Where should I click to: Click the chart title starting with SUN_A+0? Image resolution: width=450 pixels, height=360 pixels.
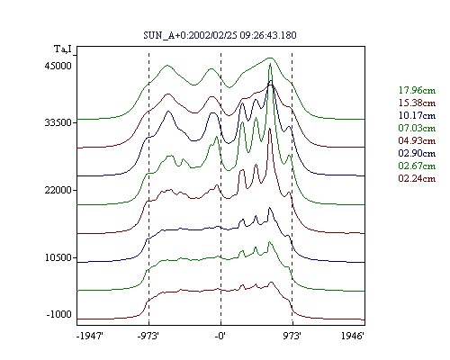pos(220,35)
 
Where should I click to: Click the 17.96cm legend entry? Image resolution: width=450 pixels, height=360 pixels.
pos(417,90)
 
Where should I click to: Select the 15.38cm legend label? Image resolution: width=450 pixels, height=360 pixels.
pos(417,103)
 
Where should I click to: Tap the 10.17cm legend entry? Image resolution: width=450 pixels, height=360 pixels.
pos(417,115)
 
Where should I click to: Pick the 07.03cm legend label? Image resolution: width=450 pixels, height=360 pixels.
pos(417,128)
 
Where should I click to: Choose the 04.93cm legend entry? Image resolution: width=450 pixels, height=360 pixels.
pos(417,140)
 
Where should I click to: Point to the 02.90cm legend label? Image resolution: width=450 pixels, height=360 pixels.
pos(417,153)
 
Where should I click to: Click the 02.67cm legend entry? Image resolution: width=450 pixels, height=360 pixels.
pos(417,166)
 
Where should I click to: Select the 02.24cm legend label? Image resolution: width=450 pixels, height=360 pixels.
pos(417,178)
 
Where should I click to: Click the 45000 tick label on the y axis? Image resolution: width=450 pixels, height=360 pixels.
pos(58,66)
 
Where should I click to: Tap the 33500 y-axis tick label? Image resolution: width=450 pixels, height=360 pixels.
pos(58,122)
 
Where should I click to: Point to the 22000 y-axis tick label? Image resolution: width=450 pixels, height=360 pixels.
pos(58,190)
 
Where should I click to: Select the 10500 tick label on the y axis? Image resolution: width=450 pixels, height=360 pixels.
pos(58,257)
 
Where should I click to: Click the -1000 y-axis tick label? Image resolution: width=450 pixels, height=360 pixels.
pos(59,314)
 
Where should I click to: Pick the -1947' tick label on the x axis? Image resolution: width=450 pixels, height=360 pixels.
pos(90,336)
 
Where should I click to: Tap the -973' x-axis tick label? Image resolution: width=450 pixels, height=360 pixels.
pos(148,336)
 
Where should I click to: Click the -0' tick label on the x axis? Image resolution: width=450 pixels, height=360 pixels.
pos(220,336)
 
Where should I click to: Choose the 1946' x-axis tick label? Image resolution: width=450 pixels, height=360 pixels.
pos(353,336)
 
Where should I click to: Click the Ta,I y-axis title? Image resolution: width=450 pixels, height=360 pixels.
pos(63,49)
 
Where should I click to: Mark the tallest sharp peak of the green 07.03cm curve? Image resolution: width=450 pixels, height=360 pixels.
pos(271,64)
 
